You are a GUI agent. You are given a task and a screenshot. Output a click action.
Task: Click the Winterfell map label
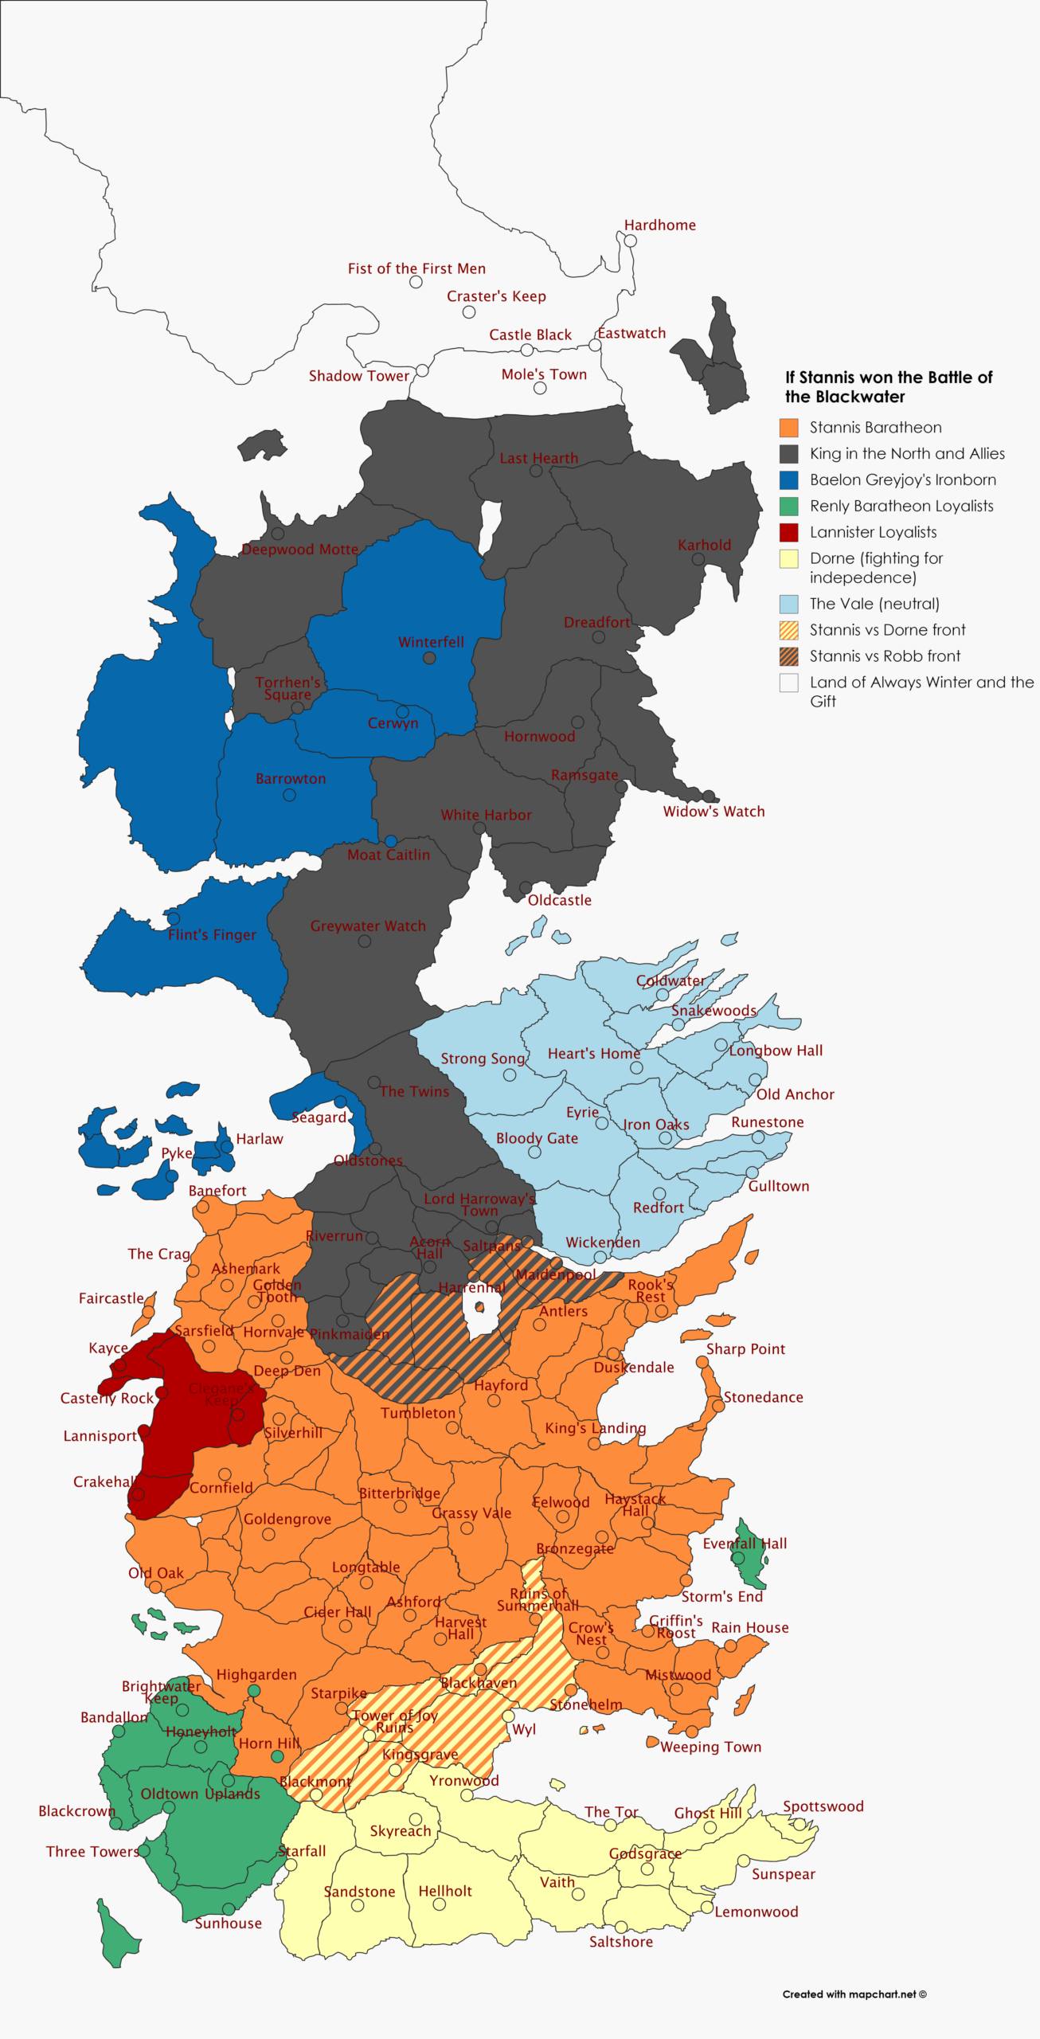tap(431, 642)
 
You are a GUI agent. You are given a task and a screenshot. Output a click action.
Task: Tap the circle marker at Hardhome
tap(630, 241)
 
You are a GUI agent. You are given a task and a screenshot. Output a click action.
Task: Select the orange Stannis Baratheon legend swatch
tap(788, 428)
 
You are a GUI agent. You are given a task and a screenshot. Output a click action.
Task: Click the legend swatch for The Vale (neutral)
tap(788, 604)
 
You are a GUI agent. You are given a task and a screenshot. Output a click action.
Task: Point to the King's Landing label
tap(595, 1428)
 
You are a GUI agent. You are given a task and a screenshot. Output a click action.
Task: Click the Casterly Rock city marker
tap(162, 1393)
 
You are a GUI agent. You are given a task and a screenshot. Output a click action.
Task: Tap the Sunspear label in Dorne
tap(783, 1874)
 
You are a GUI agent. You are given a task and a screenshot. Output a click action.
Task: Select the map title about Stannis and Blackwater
tap(888, 387)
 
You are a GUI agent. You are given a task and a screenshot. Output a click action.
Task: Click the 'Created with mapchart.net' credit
tap(854, 1994)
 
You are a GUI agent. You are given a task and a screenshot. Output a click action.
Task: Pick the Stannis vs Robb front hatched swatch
tap(788, 656)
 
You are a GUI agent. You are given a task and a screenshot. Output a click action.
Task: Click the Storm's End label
tap(721, 1597)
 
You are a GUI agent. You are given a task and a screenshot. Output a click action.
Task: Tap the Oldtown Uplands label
tap(200, 1794)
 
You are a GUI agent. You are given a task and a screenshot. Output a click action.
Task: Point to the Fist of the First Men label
tap(416, 269)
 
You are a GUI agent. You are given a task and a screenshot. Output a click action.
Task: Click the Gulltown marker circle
tap(752, 1172)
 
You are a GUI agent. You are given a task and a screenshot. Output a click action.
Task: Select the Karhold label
tap(704, 546)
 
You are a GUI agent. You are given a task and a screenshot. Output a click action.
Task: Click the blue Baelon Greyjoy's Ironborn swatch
tap(788, 480)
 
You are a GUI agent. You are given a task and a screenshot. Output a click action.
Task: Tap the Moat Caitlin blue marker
tap(390, 841)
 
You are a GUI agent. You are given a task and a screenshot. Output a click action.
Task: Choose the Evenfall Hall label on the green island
tap(744, 1544)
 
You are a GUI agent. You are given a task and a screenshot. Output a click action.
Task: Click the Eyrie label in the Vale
tap(582, 1113)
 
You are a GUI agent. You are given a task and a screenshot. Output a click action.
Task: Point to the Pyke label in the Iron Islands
tap(177, 1153)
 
